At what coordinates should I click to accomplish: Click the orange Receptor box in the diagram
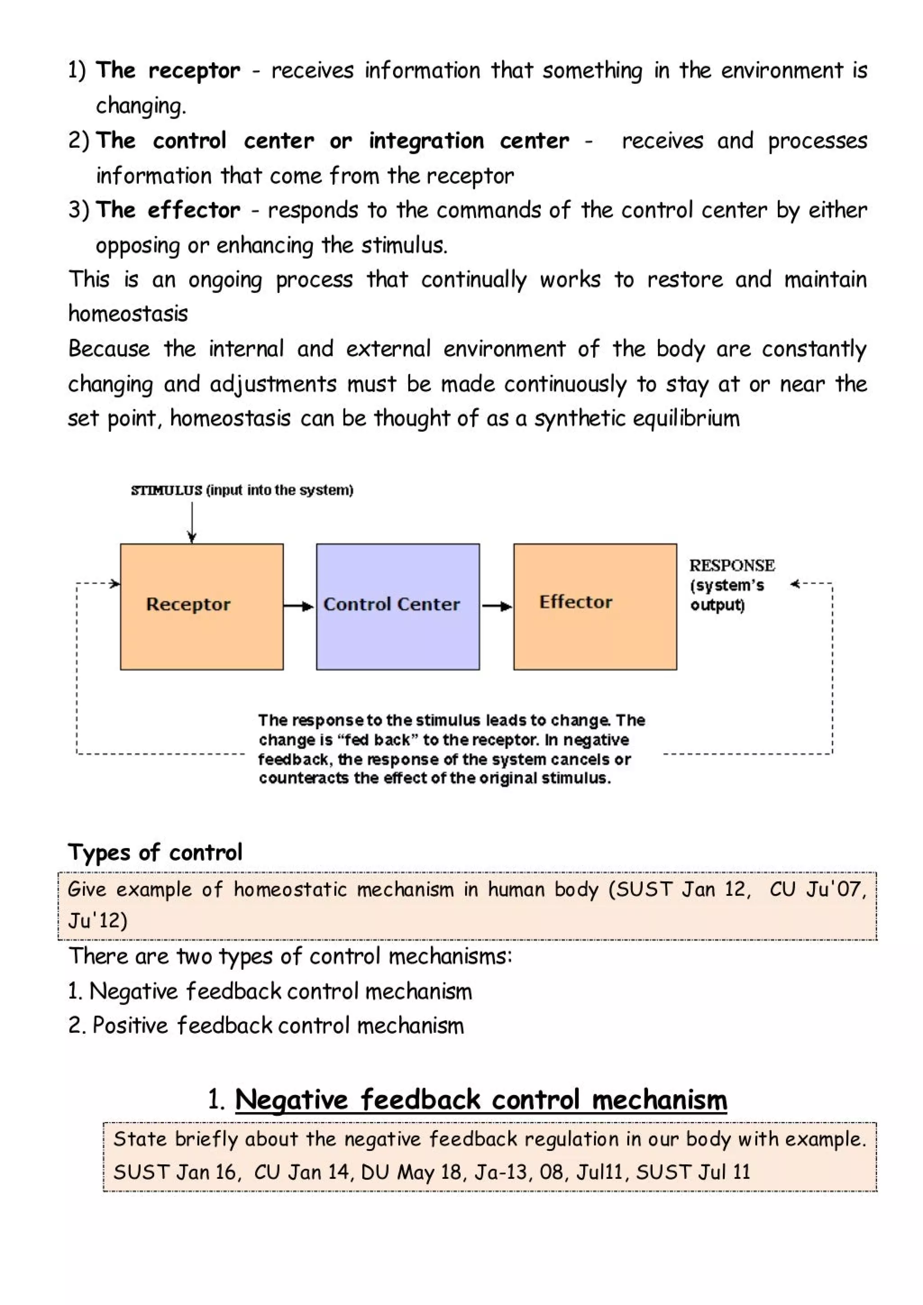click(x=202, y=607)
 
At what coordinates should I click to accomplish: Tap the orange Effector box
click(x=594, y=607)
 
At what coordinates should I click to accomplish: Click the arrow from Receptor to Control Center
click(x=299, y=607)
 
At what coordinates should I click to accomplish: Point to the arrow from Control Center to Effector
click(x=497, y=607)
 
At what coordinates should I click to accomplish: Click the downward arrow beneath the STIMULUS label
click(x=192, y=523)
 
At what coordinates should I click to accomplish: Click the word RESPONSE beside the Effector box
click(x=731, y=566)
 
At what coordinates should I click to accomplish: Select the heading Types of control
click(x=155, y=853)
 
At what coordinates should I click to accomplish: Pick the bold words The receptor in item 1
click(x=168, y=70)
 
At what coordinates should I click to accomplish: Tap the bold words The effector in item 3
click(x=168, y=210)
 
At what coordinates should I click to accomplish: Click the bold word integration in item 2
click(x=426, y=141)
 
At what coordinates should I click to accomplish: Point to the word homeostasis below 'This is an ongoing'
click(x=128, y=314)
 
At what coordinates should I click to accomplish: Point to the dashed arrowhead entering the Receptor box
click(x=115, y=584)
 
